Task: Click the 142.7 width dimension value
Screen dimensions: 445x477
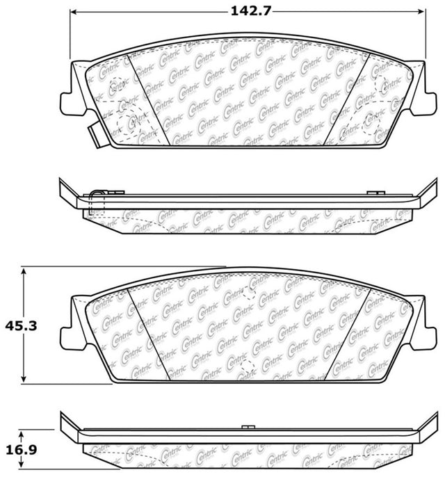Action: pos(250,11)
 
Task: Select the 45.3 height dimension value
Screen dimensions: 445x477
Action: pos(21,326)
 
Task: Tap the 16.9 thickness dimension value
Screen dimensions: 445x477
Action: pos(21,450)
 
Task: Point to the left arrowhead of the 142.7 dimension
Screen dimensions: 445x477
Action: pos(73,12)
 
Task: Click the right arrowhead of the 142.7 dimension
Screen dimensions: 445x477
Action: pos(421,12)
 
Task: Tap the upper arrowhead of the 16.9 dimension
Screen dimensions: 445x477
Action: pos(21,434)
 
